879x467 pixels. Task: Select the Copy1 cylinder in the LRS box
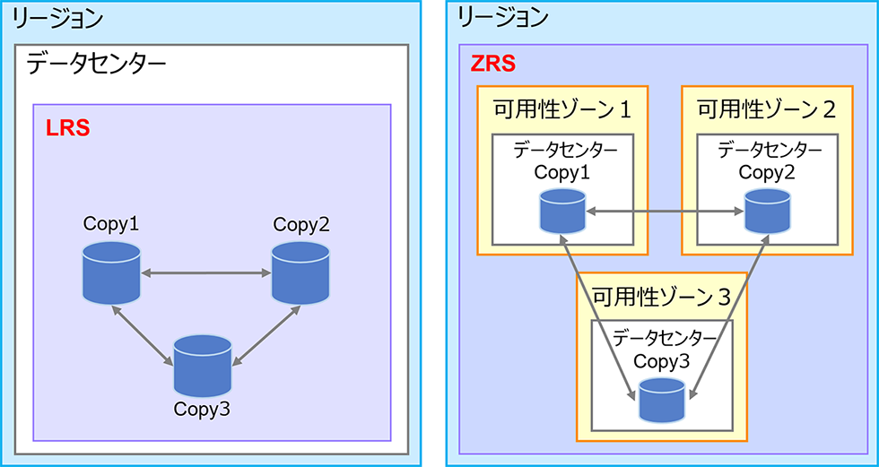pos(111,272)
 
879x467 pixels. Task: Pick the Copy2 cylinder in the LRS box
pos(300,272)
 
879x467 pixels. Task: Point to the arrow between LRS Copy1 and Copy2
pos(206,272)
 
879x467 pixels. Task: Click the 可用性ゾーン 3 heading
pos(660,295)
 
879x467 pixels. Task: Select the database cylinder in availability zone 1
pos(562,212)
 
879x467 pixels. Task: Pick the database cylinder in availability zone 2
pos(767,212)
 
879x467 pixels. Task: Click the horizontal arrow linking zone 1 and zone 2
pos(664,212)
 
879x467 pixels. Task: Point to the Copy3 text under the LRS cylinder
pos(203,410)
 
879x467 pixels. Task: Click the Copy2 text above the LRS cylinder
pos(301,224)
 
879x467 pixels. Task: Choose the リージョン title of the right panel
pos(502,16)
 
